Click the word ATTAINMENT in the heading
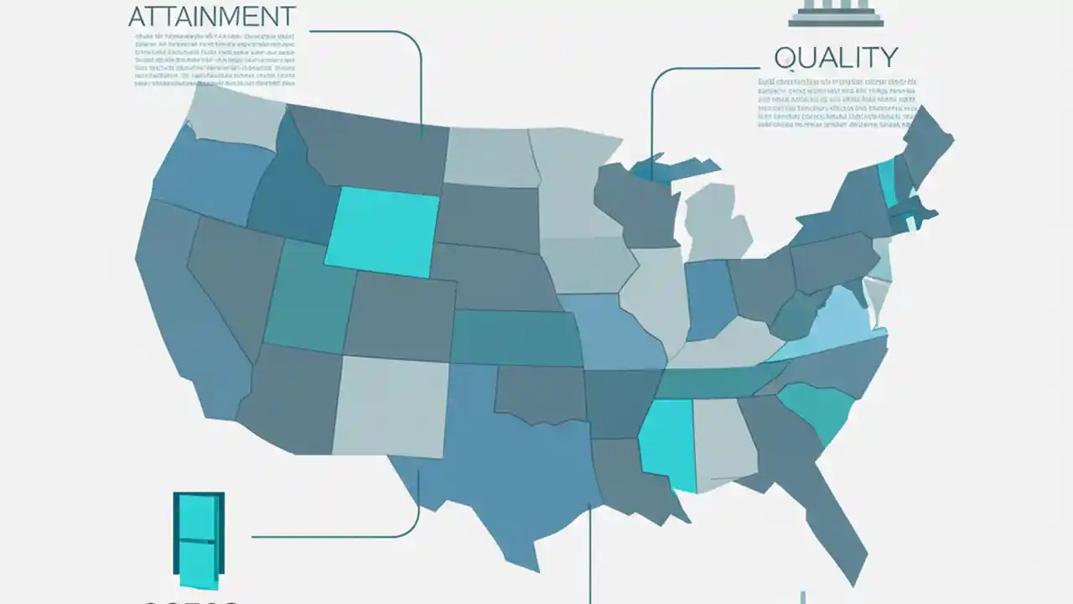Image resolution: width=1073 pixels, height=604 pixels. [212, 16]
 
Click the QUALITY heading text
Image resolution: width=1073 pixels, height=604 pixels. [836, 58]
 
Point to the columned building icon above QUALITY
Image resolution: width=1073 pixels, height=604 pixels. [836, 12]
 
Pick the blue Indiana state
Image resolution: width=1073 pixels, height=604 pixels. [708, 298]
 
